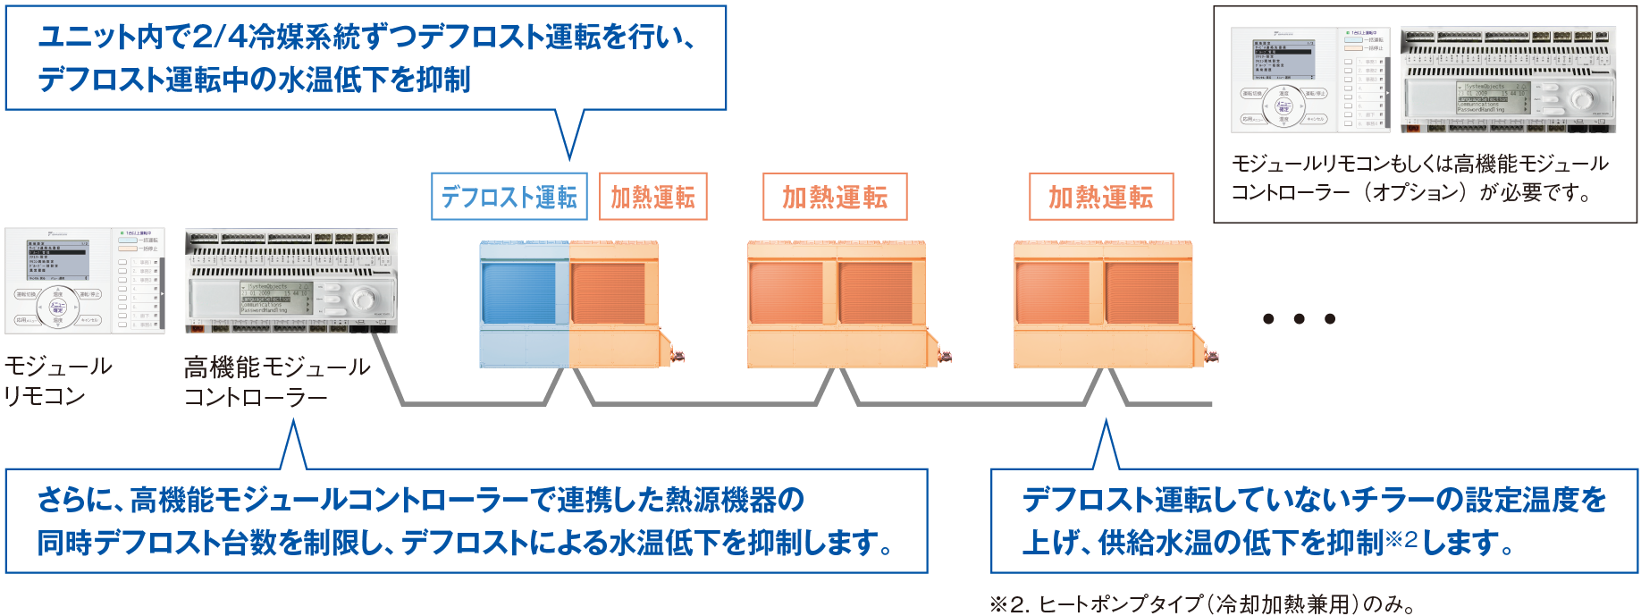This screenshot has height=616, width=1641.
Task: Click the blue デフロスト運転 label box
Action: [x=509, y=197]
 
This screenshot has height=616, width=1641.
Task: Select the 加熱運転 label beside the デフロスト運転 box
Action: [x=652, y=197]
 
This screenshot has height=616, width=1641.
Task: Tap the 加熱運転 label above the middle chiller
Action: [x=834, y=197]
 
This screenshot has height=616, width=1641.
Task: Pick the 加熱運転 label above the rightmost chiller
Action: [x=1100, y=197]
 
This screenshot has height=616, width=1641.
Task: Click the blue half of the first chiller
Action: [x=523, y=304]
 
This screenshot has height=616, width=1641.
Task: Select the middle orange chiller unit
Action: [x=837, y=304]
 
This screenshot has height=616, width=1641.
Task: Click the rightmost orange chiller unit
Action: [x=1103, y=304]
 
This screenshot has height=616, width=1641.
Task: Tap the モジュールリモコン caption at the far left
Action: [x=57, y=381]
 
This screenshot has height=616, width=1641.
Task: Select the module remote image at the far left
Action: [x=84, y=281]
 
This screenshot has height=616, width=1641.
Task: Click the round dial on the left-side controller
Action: [x=364, y=299]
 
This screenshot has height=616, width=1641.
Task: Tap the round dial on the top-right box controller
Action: [x=1582, y=97]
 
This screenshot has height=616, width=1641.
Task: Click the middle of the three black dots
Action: [x=1299, y=319]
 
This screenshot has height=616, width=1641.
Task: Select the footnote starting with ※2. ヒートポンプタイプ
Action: [x=1202, y=604]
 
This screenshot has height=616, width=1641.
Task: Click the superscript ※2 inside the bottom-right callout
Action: [x=1401, y=538]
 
